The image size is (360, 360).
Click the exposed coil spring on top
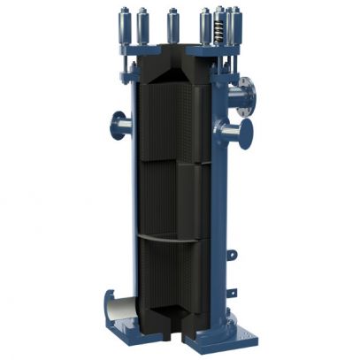214,30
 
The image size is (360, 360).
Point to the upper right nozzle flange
249,95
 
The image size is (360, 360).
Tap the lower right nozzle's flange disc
246,134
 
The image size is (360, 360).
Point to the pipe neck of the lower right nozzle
228,134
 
